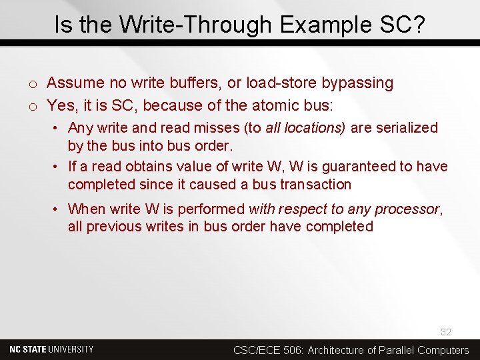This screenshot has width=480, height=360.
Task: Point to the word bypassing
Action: (x=357, y=83)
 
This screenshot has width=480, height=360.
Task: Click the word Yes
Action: (x=61, y=105)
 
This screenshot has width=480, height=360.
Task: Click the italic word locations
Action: (x=316, y=128)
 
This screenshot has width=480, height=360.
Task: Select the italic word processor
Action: (x=407, y=209)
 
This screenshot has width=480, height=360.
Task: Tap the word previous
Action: (x=112, y=227)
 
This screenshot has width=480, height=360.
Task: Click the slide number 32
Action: (x=445, y=332)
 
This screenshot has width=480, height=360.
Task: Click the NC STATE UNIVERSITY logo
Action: (x=51, y=349)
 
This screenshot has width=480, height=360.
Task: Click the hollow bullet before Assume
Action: (x=32, y=84)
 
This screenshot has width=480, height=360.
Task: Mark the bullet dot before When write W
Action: (x=58, y=209)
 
